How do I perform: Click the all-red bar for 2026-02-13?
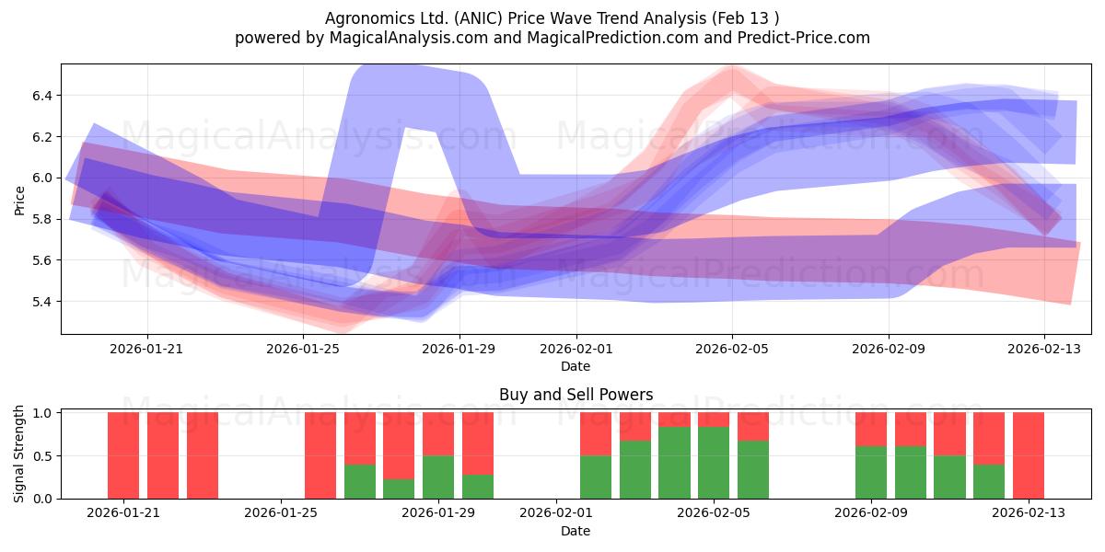point(1029,455)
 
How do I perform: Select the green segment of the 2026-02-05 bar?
point(714,463)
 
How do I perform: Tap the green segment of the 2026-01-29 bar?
point(438,477)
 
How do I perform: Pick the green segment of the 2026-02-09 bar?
point(871,473)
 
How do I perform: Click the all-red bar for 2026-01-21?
point(123,455)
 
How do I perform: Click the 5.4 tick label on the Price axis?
point(42,302)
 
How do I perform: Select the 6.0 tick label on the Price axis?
point(42,178)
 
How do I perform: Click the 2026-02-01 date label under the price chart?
point(576,349)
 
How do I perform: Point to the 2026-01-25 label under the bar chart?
point(281,512)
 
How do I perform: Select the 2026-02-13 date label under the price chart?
point(1044,349)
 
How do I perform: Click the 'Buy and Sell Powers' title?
point(576,395)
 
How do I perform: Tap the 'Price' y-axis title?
point(19,201)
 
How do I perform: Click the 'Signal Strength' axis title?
point(18,454)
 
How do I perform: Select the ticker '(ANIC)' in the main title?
point(479,18)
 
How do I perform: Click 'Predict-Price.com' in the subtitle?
point(804,38)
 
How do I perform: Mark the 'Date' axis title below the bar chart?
point(576,531)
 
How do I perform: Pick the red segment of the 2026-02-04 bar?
point(674,420)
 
